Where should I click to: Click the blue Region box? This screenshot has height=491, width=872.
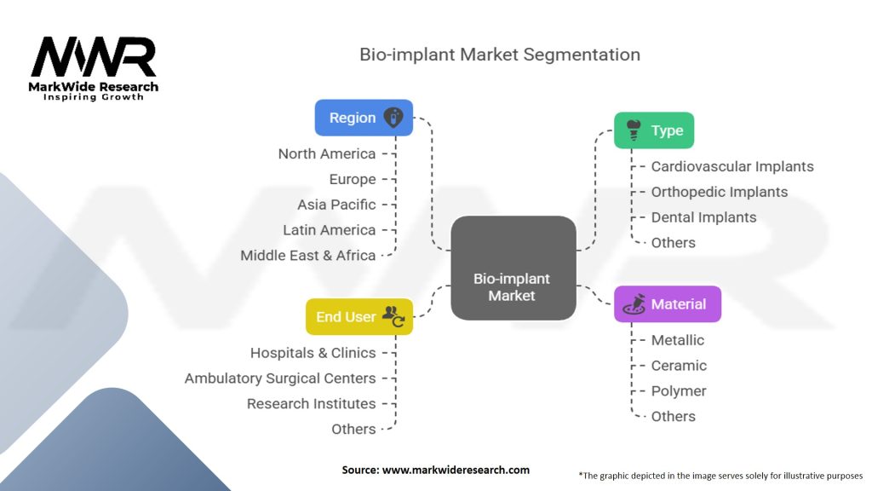point(364,118)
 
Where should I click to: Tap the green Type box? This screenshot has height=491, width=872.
point(654,130)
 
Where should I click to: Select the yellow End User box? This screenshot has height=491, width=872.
point(359,316)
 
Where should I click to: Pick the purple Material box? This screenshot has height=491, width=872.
point(667,304)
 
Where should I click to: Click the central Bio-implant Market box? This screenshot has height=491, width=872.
point(513,287)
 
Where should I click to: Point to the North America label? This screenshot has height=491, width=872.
point(327,153)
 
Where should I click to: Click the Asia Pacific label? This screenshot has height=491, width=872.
point(336,205)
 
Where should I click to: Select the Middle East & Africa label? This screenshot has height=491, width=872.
point(308,255)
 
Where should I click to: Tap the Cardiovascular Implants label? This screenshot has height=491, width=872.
point(732,166)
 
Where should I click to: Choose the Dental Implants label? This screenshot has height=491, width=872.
point(703,217)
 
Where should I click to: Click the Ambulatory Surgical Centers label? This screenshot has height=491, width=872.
point(280,378)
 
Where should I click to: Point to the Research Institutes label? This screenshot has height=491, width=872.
point(311,403)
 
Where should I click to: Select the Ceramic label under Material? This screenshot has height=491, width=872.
point(679,366)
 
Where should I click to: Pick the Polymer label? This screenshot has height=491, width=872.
point(679,391)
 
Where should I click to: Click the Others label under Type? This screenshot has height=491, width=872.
point(673,243)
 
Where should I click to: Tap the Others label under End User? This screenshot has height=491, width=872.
point(353,429)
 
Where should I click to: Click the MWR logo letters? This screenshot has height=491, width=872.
point(94,58)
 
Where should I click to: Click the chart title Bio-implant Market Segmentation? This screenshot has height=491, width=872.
point(499,55)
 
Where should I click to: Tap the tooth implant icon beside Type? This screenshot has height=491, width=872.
point(633,130)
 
